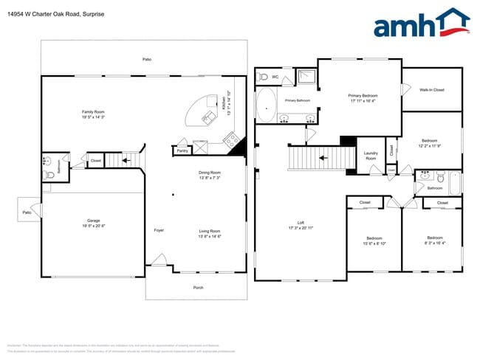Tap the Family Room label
(x=93, y=111)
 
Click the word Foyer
(x=159, y=230)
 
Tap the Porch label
(x=198, y=287)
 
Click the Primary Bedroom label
(x=363, y=95)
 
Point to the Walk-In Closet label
(x=431, y=89)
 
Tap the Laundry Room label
(x=371, y=155)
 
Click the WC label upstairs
(x=275, y=76)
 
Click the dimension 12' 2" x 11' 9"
(x=431, y=145)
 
